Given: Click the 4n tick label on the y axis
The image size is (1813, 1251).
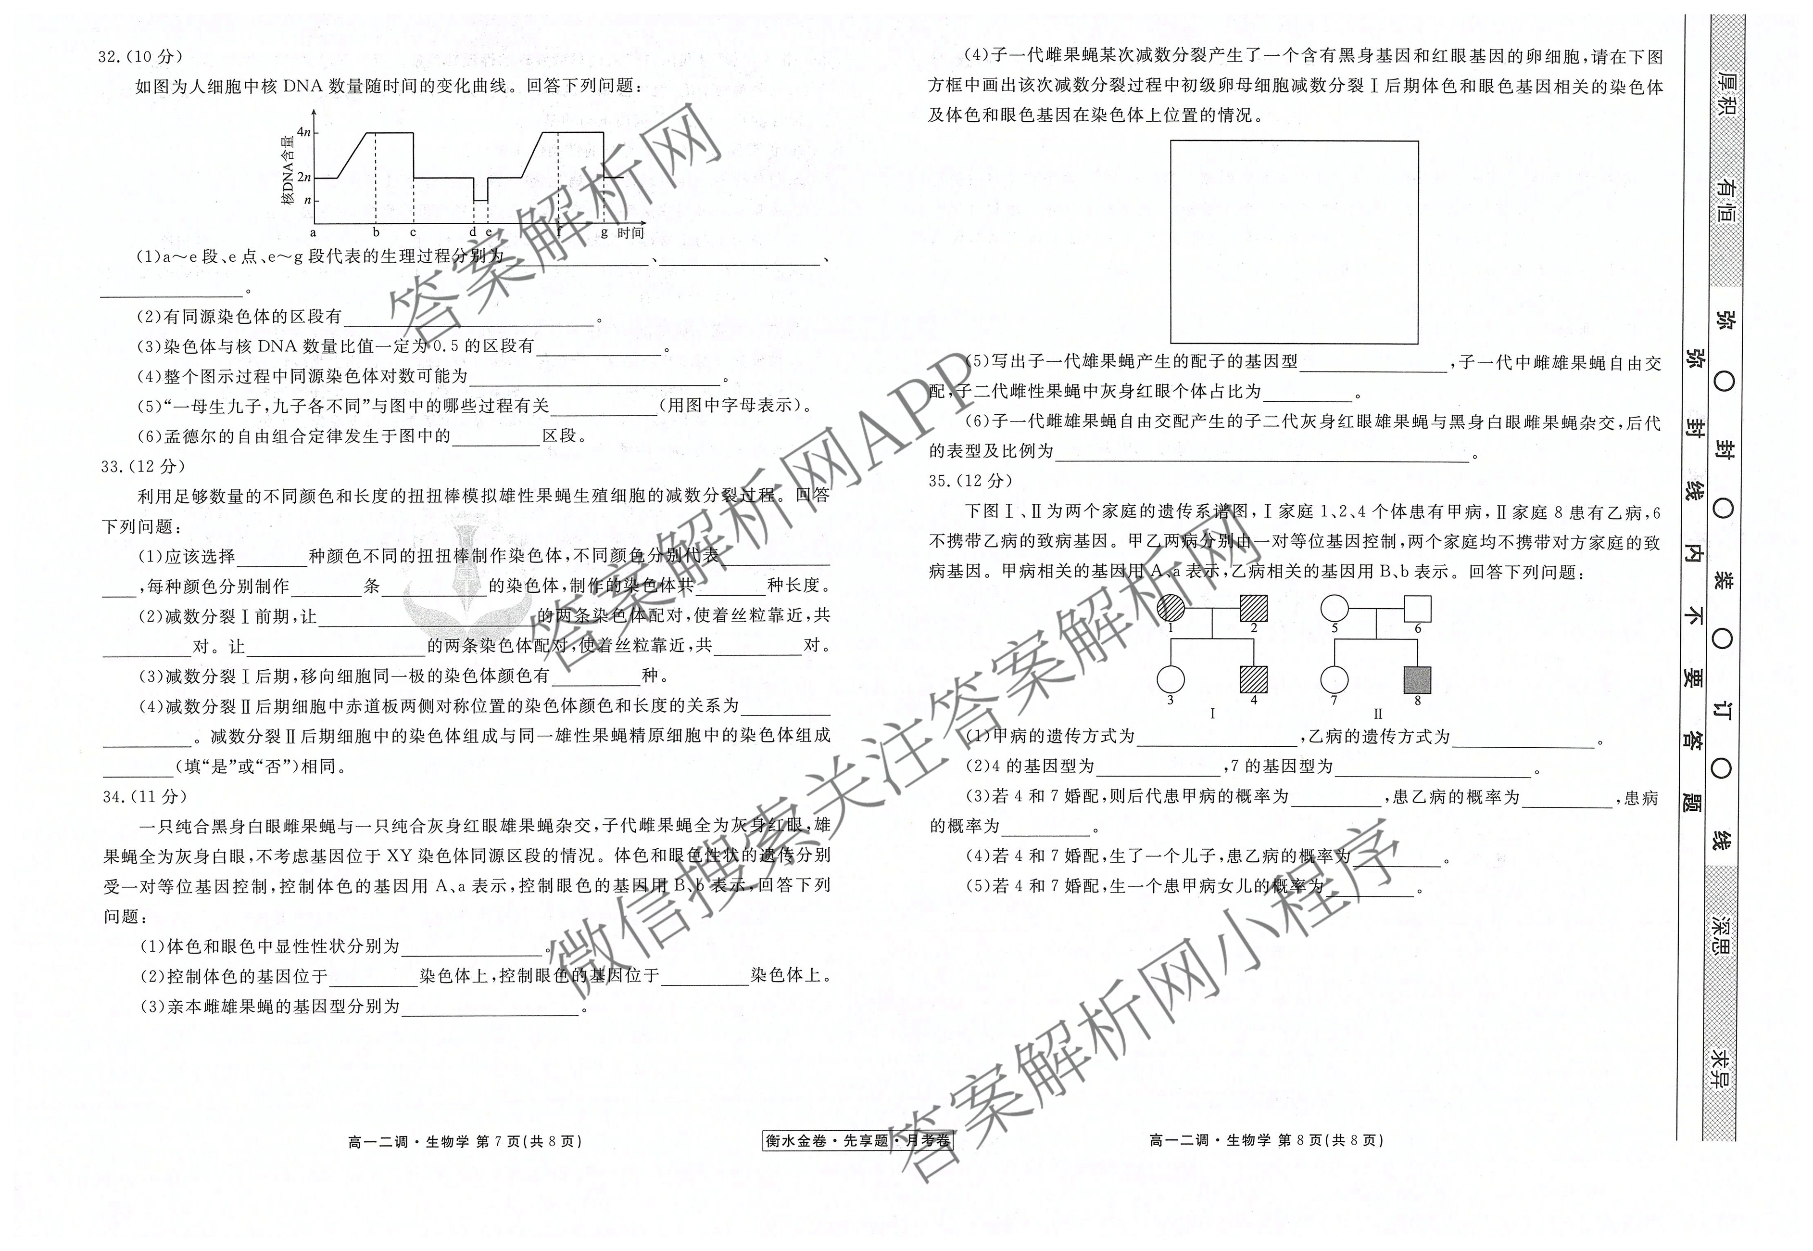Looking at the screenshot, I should coord(303,132).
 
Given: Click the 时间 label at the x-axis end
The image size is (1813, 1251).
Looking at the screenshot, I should coord(631,233).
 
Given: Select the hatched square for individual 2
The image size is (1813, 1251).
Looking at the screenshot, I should coord(1254,608).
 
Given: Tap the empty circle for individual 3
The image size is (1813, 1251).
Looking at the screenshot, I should coord(1171,679).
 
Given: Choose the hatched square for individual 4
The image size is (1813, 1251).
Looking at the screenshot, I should coord(1254,679).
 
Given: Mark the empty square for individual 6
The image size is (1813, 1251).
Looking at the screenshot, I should coord(1417,608).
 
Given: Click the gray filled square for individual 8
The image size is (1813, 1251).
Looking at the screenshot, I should coord(1417,679).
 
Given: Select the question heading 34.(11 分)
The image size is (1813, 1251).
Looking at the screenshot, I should coord(145,796).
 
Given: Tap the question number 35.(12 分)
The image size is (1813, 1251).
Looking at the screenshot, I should coord(970,481).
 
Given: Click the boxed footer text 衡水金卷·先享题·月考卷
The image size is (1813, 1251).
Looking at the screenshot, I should coord(857,1140).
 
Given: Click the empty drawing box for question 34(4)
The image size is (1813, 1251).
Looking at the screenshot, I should coord(1294,242).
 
